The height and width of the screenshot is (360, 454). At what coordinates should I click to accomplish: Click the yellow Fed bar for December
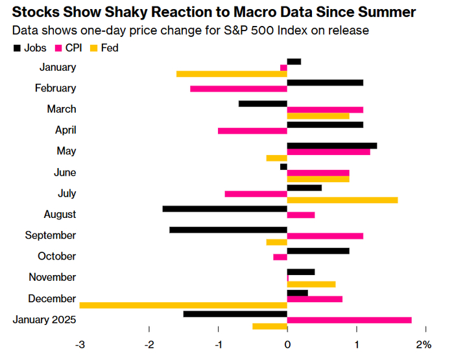point(183,305)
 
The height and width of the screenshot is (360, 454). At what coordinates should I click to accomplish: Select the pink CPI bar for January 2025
point(350,320)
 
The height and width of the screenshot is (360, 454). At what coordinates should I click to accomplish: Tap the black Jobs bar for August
point(224,209)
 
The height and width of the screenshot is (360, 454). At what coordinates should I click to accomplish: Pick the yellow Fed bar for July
point(342,200)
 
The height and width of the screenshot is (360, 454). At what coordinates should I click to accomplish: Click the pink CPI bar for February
point(239,88)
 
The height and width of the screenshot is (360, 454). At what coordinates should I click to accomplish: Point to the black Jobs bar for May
point(332,145)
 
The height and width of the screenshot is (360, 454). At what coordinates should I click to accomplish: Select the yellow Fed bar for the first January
point(232,74)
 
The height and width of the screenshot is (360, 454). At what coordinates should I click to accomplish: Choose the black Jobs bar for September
point(228,230)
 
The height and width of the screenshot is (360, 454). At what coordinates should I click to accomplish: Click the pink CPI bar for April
point(252,130)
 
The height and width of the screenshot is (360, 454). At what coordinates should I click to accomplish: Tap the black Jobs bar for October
point(318,250)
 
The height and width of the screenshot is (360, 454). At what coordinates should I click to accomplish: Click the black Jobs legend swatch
point(16,48)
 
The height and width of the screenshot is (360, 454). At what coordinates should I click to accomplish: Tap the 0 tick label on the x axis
point(287,343)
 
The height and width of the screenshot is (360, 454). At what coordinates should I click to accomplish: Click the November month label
point(52,277)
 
